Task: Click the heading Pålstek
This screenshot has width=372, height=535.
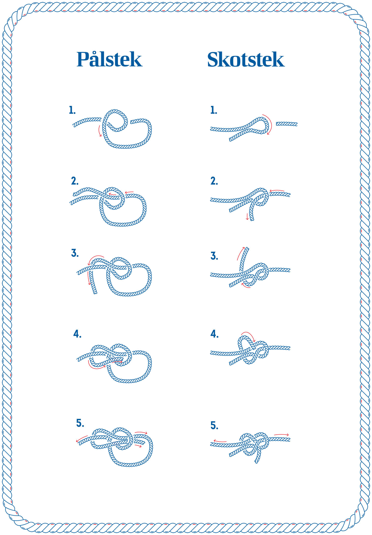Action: pos(109,59)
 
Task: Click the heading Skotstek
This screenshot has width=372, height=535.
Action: pos(246,59)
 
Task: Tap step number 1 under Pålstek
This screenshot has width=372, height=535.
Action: pos(72,110)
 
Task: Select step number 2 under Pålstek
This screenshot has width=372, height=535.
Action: pos(75,181)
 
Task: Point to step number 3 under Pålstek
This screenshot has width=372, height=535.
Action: pos(75,253)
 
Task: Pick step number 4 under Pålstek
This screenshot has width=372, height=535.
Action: pos(77,334)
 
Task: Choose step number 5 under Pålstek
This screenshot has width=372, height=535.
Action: pos(80,423)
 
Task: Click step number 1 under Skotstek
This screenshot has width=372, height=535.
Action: pos(214,110)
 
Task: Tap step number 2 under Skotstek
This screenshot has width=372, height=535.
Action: pos(214,181)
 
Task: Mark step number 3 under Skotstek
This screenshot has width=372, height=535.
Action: pos(214,256)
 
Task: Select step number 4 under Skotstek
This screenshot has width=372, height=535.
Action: pos(214,334)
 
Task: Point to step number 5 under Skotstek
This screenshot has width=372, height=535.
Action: pos(214,425)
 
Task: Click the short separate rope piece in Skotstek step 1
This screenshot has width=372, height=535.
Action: pos(287,124)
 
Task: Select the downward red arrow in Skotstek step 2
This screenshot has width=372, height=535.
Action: pos(247,216)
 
